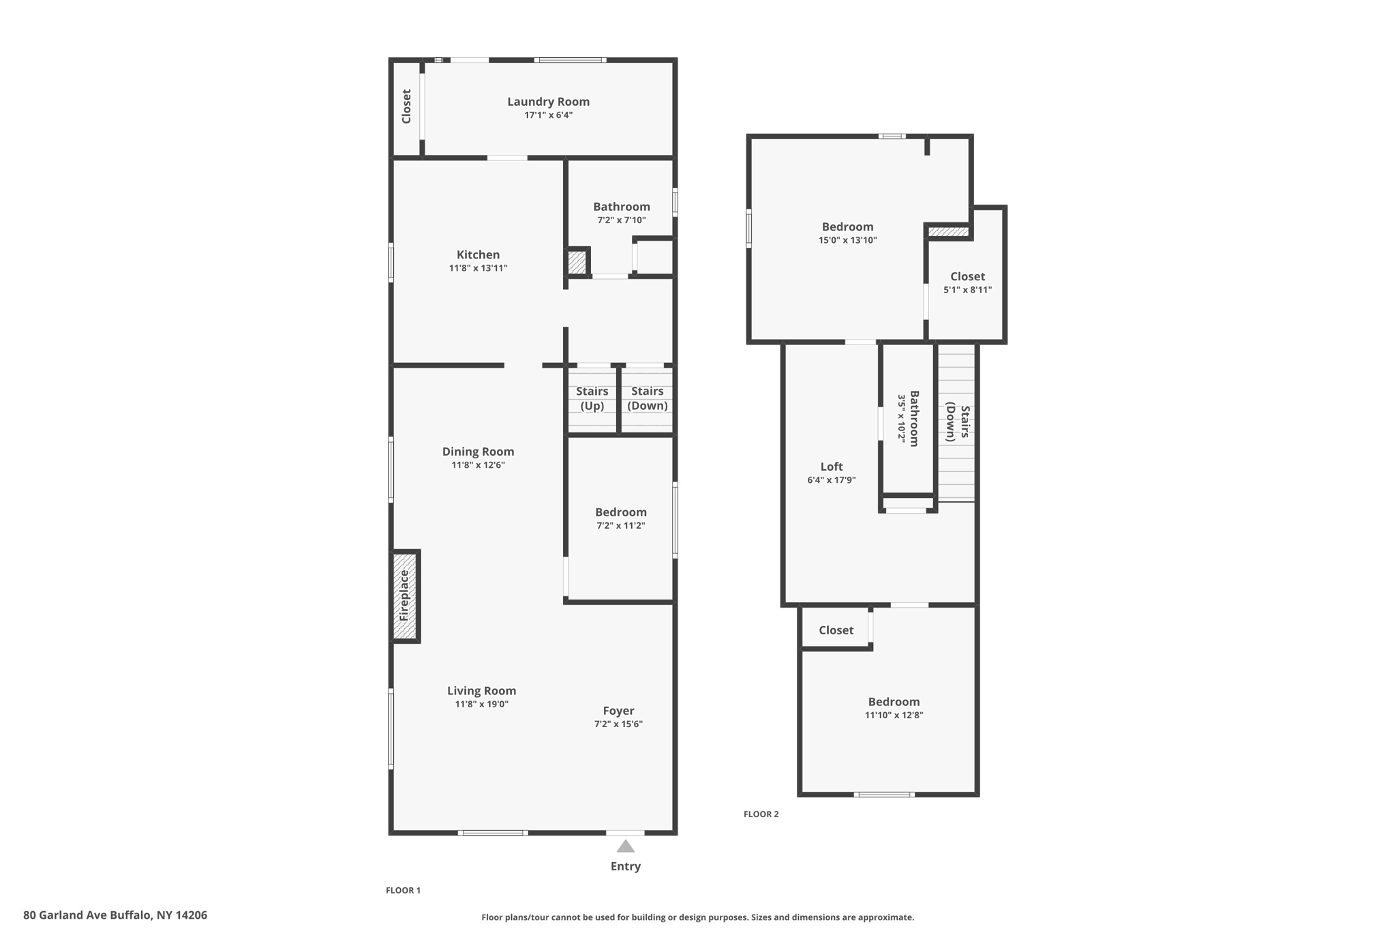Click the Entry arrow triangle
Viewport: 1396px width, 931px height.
tap(625, 846)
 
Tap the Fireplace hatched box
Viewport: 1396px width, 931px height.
tap(405, 595)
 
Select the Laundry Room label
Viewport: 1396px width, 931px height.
tap(548, 102)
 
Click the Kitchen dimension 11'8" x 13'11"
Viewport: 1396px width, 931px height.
tap(478, 268)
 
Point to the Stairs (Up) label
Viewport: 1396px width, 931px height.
tap(592, 398)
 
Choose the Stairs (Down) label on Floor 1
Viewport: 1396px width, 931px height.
tap(647, 398)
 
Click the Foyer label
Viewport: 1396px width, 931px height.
tap(618, 711)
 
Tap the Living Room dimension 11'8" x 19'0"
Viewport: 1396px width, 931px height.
tap(481, 704)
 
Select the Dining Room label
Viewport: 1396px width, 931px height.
tap(478, 452)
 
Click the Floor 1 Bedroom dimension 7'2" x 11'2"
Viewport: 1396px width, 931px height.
tap(620, 525)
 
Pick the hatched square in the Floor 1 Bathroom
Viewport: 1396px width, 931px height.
tap(577, 263)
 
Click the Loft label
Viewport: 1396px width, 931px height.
tap(831, 467)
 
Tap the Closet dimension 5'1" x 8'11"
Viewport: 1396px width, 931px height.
tap(967, 290)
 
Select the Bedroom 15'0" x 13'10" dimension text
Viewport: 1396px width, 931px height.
tap(847, 240)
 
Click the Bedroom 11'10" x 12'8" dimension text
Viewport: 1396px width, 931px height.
tap(894, 715)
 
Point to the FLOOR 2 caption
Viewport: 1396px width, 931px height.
tap(761, 814)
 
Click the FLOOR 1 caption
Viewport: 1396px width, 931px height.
tap(403, 890)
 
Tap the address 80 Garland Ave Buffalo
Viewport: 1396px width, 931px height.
tap(115, 915)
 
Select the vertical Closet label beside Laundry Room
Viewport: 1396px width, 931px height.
tap(406, 106)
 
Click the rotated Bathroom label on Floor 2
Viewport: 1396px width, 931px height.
tap(914, 418)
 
